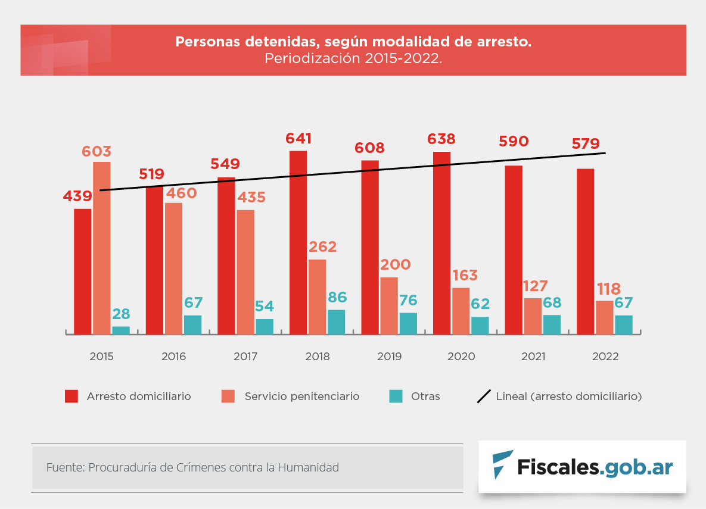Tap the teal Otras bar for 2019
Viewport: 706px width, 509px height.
pyautogui.click(x=408, y=323)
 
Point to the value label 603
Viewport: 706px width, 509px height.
pyautogui.click(x=97, y=151)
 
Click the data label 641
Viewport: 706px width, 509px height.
pyautogui.click(x=298, y=139)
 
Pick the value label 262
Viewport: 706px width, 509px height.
pyautogui.click(x=322, y=247)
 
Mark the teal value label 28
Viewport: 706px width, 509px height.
pyautogui.click(x=121, y=314)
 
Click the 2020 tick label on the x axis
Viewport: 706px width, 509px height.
pyautogui.click(x=461, y=357)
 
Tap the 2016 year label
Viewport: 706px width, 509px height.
pyautogui.click(x=173, y=357)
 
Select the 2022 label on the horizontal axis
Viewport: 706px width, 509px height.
pyautogui.click(x=605, y=357)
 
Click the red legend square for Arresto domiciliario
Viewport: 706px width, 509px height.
pyautogui.click(x=71, y=396)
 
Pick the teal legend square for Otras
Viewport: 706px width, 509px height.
pyautogui.click(x=396, y=396)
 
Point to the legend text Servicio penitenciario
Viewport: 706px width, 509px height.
pyautogui.click(x=301, y=396)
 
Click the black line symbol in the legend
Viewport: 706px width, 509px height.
pyautogui.click(x=484, y=396)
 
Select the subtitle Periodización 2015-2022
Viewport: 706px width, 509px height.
pyautogui.click(x=353, y=58)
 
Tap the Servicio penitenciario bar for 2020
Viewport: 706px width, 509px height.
pyautogui.click(x=461, y=311)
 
